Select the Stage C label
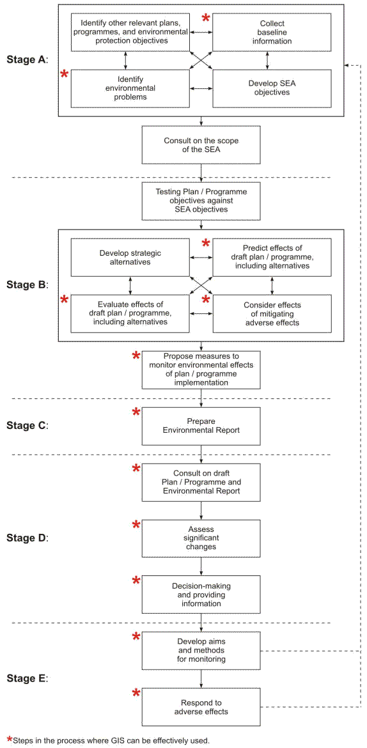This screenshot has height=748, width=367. point(27,425)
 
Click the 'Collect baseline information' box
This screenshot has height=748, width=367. point(272,33)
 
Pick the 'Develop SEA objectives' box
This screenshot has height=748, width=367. point(272,88)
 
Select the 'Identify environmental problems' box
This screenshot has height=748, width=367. point(130,88)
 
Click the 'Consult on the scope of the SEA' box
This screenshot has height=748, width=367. point(201,144)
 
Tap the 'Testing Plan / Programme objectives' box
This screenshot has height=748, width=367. point(201,201)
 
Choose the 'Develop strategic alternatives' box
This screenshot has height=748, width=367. point(130,257)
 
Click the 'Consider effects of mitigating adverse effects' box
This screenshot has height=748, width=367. point(272,313)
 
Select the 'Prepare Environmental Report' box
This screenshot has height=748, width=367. point(201,426)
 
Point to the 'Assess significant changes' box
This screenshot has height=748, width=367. point(201,538)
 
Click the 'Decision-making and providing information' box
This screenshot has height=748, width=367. point(201,595)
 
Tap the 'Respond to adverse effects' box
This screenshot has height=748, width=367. point(201,707)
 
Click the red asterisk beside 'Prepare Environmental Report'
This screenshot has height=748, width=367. point(136,412)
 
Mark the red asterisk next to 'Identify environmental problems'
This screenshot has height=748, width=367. point(64,75)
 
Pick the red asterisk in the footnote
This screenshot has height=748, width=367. point(9,740)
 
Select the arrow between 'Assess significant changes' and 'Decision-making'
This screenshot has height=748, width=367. point(201,566)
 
